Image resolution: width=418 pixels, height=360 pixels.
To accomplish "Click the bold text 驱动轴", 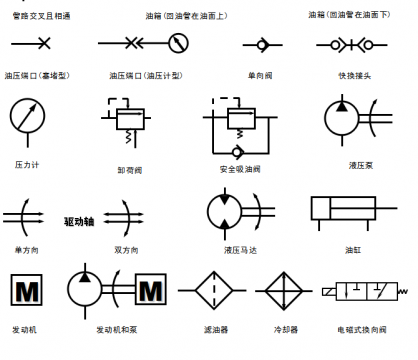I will (x=79, y=221).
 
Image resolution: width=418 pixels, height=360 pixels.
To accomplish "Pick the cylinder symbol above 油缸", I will (x=346, y=211).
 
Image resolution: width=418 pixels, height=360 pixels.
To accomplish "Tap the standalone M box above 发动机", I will (x=23, y=292).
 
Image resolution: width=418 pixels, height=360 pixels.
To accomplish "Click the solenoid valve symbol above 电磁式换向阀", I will (x=364, y=292).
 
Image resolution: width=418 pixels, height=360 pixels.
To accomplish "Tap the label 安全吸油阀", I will (x=238, y=168).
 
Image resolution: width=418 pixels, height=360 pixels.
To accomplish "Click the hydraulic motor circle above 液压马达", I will (x=226, y=211).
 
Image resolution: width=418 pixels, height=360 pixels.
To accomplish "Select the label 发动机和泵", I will (x=116, y=328).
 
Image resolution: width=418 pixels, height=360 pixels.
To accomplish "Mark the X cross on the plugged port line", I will (x=37, y=44).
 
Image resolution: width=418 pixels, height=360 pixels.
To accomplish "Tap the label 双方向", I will (x=126, y=249).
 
